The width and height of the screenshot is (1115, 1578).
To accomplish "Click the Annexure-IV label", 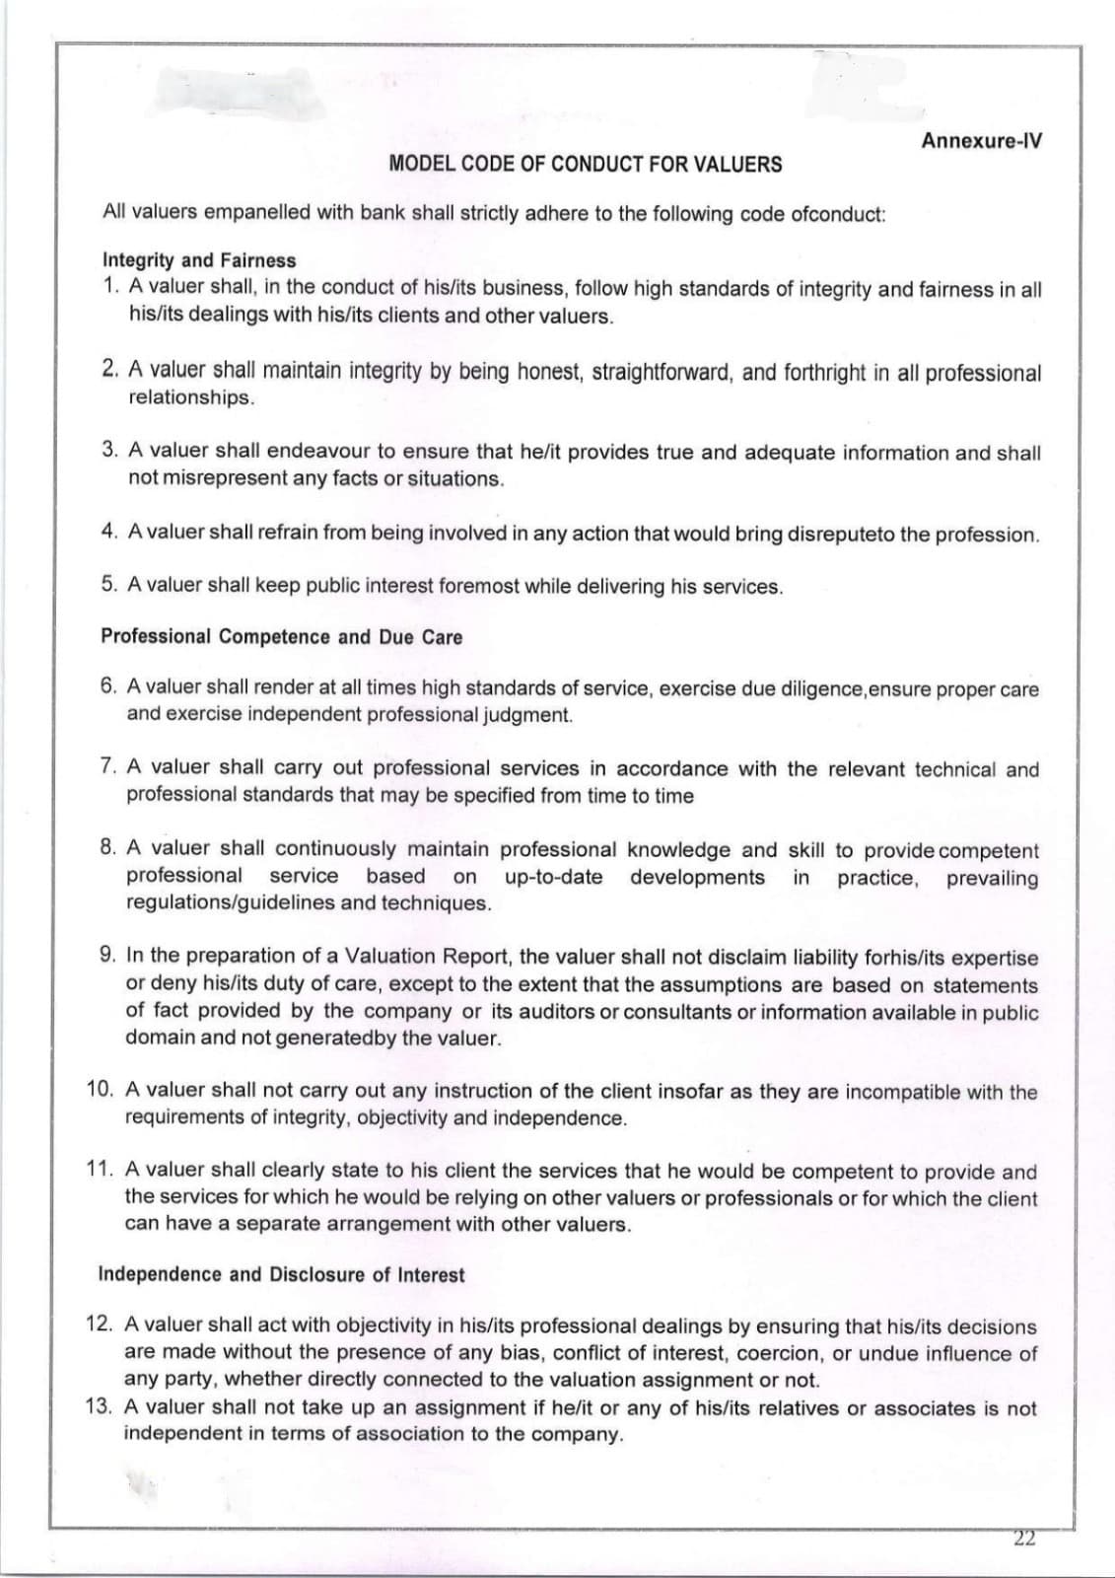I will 981,140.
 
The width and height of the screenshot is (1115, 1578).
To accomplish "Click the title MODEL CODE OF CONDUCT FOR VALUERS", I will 586,165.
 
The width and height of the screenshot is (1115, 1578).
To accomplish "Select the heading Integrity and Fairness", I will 199,260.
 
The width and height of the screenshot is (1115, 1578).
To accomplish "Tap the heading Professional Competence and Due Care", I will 281,637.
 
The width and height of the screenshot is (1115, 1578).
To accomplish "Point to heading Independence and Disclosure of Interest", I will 281,1274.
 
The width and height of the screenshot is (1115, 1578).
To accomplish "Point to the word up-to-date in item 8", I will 553,877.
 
